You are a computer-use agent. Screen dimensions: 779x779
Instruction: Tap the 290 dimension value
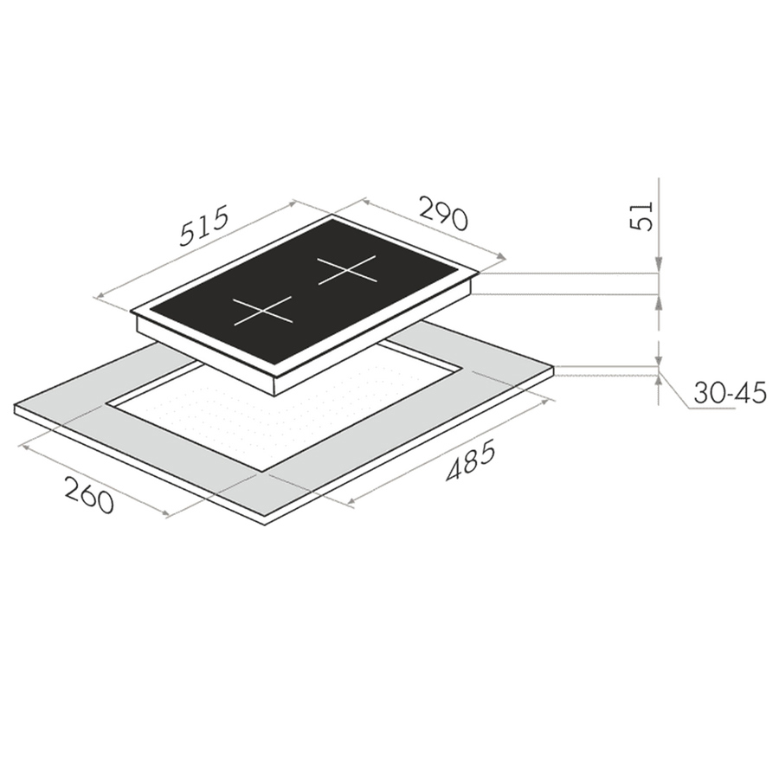444,214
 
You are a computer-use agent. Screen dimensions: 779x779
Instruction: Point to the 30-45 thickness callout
730,392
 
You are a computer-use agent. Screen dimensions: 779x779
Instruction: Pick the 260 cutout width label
89,495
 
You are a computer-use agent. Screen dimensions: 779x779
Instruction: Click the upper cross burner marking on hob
347,270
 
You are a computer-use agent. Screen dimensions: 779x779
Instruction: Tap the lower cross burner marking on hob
262,311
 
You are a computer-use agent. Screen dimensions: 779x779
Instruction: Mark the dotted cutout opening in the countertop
284,415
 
